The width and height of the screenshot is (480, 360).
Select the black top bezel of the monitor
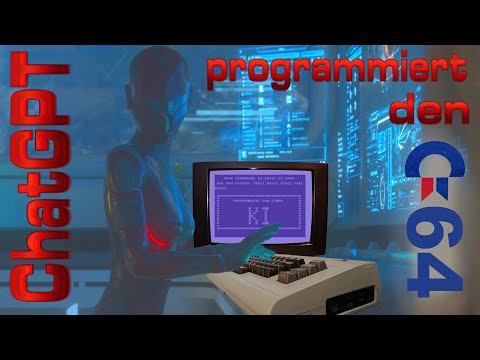(x=262, y=163)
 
